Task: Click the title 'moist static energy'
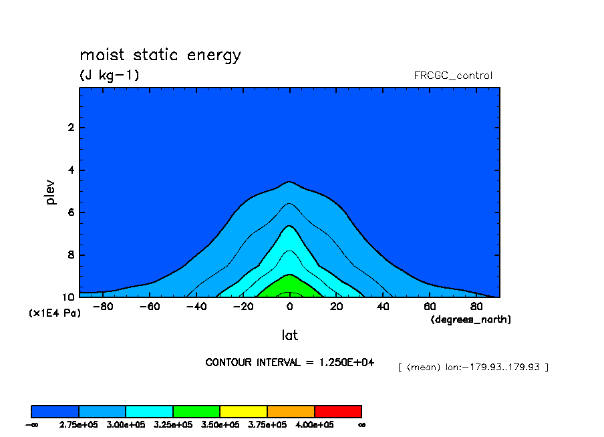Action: [x=160, y=55]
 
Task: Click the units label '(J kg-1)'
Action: [x=110, y=76]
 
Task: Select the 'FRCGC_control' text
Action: [x=453, y=76]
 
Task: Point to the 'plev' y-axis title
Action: [x=51, y=192]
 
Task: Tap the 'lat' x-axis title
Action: [x=289, y=335]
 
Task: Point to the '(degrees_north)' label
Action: [x=471, y=319]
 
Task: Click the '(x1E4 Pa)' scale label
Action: [x=54, y=312]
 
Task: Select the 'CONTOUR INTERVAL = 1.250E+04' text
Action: [x=289, y=362]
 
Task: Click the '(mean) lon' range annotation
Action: [x=472, y=367]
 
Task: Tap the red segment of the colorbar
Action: [x=338, y=411]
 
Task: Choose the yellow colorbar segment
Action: [x=243, y=411]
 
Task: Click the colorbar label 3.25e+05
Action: [x=173, y=424]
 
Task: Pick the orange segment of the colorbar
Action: [x=291, y=411]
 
